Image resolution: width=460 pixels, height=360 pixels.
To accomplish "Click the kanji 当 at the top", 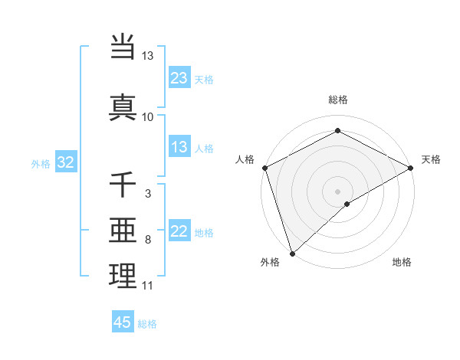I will [x=123, y=47].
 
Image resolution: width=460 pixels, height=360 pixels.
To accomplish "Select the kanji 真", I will [x=123, y=106].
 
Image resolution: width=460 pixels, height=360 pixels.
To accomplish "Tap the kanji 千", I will [x=123, y=185].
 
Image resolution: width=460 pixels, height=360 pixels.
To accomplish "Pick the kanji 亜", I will [x=123, y=230].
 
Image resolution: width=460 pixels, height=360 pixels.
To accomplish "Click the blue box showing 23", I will [x=179, y=77].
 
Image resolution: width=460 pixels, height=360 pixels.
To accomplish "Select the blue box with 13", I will [x=179, y=147].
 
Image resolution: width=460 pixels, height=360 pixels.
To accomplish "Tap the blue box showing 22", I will [x=179, y=231].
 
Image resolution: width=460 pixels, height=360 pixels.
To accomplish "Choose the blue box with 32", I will [x=65, y=162].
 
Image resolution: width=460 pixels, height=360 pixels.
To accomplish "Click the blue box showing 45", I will [x=123, y=322].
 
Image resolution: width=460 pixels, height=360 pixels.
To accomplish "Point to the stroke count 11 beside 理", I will [x=147, y=286].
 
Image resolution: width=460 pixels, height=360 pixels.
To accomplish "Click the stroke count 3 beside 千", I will [x=147, y=194].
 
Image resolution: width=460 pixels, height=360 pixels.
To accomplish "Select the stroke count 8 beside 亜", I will [x=147, y=240].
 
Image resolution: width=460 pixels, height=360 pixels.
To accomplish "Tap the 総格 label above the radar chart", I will [x=338, y=100].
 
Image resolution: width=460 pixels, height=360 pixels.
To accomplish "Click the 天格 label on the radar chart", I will [x=431, y=159].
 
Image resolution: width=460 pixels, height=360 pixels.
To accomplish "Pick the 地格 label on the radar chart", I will [x=402, y=263].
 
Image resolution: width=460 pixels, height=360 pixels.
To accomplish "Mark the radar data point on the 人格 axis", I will [x=264, y=167].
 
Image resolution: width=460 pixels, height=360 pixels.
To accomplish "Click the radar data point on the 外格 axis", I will [x=292, y=253].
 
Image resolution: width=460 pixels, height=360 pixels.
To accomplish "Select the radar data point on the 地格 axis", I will [x=347, y=204].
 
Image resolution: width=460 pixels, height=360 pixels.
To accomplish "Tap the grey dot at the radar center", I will [x=338, y=191].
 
